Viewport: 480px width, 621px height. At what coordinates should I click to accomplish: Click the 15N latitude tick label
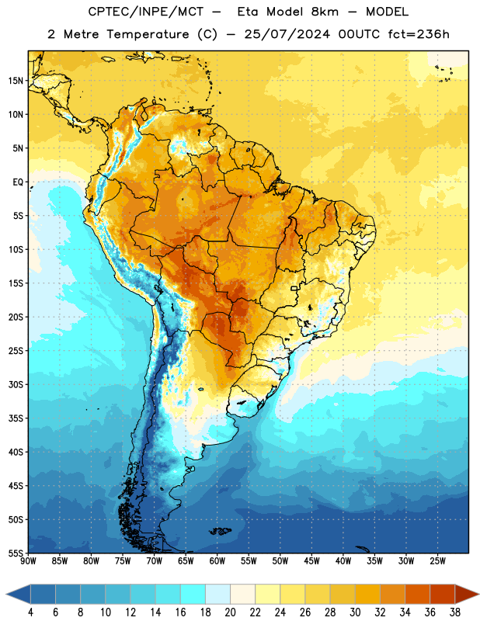(16, 81)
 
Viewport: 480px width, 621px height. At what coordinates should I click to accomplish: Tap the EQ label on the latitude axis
(18, 182)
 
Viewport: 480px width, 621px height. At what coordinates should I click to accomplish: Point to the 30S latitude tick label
(16, 384)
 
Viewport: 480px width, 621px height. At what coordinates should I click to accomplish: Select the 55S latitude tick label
(16, 553)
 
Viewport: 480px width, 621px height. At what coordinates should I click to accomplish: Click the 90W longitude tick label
(28, 561)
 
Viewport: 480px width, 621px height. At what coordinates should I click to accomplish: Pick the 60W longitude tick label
(217, 561)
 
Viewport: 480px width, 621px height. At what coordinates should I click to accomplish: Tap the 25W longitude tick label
(437, 561)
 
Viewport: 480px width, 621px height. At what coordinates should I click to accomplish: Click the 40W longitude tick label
(343, 561)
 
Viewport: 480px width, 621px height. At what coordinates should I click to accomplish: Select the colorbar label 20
(230, 612)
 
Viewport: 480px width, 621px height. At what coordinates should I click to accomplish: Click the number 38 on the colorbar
(455, 612)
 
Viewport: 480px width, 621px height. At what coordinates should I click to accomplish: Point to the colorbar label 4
(30, 612)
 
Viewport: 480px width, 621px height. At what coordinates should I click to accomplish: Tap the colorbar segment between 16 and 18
(193, 594)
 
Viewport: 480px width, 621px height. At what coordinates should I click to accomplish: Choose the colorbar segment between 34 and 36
(417, 594)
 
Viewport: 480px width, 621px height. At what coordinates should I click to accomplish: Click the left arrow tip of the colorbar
(6, 594)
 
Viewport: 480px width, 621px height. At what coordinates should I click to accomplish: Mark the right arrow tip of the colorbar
(478, 594)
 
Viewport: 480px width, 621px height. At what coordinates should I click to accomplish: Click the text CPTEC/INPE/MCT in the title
(146, 12)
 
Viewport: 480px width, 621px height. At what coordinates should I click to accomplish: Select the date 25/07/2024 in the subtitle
(287, 34)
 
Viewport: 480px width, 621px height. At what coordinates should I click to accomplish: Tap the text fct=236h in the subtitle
(419, 34)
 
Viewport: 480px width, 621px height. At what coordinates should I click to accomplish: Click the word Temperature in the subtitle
(148, 34)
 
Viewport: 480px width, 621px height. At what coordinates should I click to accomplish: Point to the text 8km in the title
(325, 12)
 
